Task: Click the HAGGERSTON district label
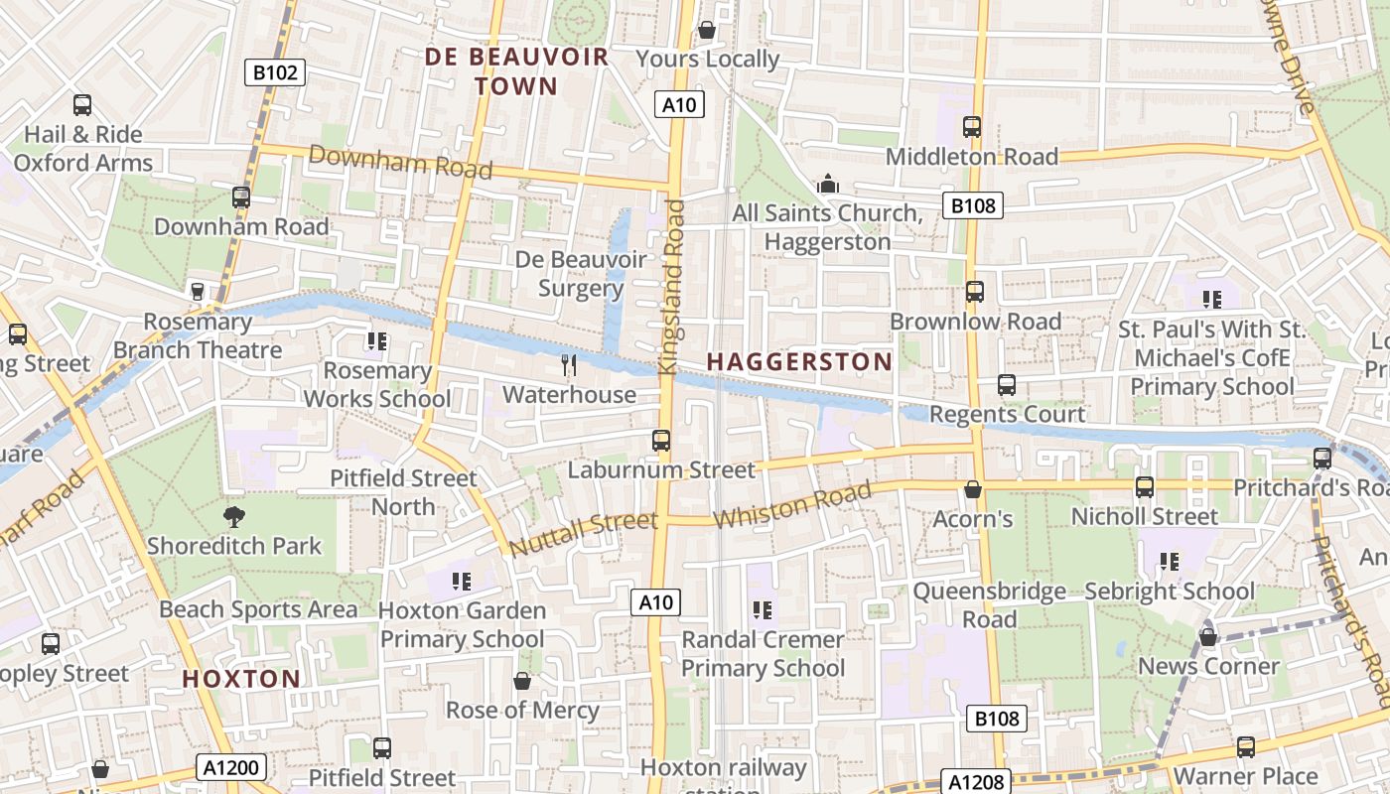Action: coord(799,362)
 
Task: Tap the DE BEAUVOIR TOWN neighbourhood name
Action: coord(516,71)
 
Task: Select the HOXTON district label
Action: coord(241,679)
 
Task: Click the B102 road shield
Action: coord(275,71)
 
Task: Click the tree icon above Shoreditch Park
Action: coord(234,516)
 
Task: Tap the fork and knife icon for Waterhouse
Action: coord(569,365)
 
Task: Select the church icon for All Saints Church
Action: coord(827,185)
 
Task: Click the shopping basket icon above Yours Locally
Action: coord(707,30)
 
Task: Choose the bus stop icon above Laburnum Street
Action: coord(661,440)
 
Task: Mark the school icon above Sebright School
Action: coord(1170,562)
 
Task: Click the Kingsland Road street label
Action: coord(674,287)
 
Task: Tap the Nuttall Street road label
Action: coord(583,534)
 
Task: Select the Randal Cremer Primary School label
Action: coord(763,654)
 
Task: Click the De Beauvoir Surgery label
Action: coord(581,274)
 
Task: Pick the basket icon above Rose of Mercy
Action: coord(522,681)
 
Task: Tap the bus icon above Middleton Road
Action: coord(972,127)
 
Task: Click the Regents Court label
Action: coord(1008,414)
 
